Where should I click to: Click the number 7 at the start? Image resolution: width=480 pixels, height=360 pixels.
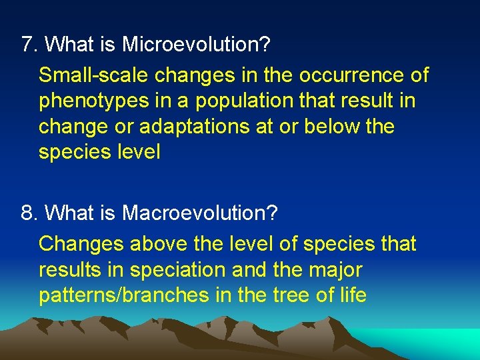point(27,45)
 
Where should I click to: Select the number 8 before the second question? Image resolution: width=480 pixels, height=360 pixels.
point(27,213)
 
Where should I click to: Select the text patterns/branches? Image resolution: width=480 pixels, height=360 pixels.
point(123,295)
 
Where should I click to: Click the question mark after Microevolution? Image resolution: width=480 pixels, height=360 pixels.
point(265,45)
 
